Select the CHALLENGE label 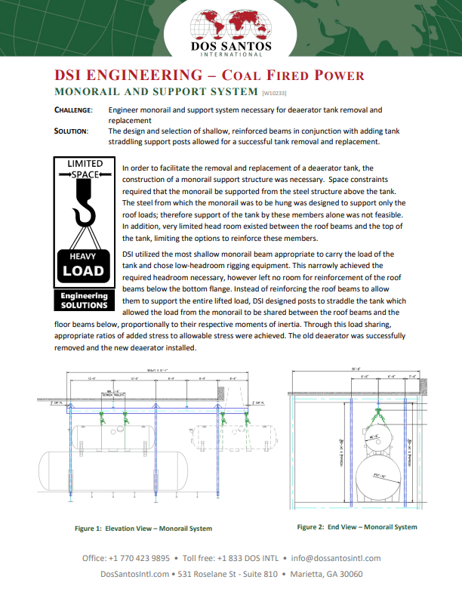73,110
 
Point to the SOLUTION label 72,131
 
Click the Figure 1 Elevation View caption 143,529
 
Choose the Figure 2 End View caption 357,527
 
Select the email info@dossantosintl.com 336,558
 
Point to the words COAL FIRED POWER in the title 297,76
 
